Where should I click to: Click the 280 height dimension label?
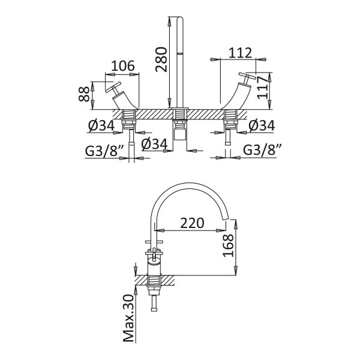tap(161, 59)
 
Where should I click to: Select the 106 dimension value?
tap(123, 66)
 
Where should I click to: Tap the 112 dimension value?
tap(241, 53)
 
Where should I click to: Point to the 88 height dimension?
tap(84, 94)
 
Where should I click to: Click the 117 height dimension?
tap(262, 88)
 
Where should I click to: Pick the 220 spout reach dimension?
tap(192, 223)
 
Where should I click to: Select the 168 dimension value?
tap(228, 245)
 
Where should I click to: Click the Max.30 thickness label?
tap(128, 319)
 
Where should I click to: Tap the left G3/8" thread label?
tap(104, 151)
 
